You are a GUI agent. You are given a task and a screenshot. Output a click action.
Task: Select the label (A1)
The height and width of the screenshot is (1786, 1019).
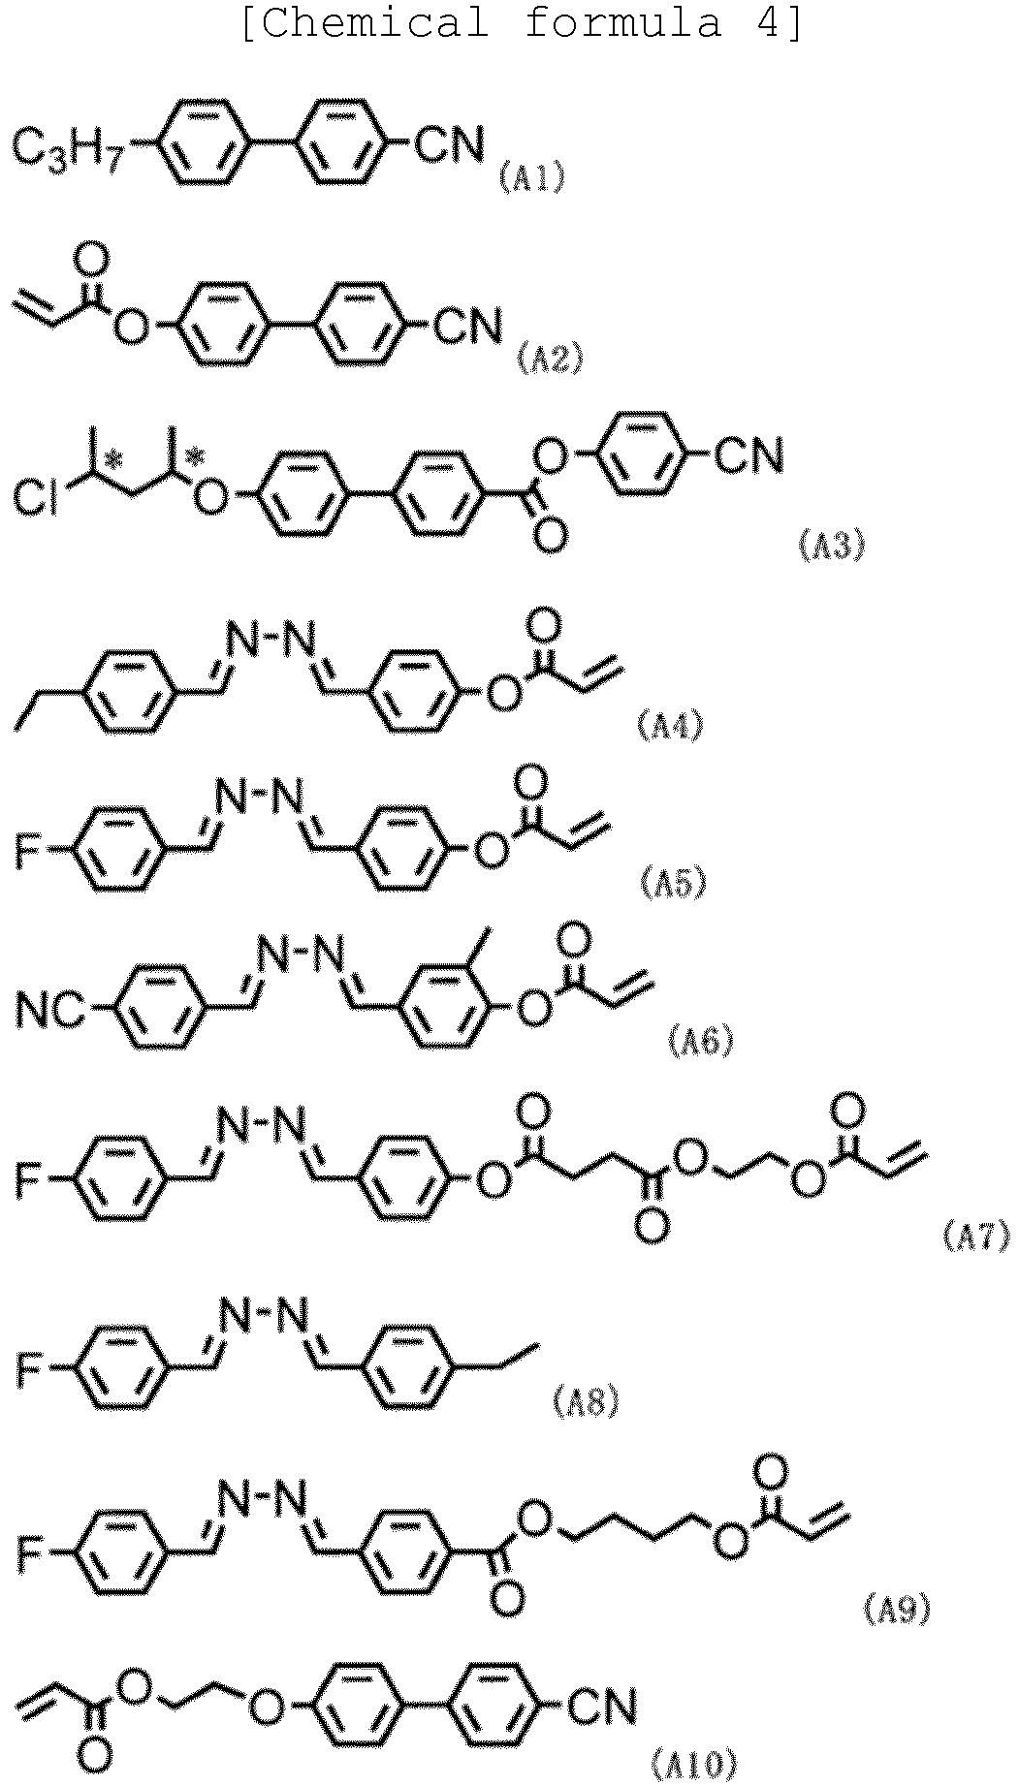click(531, 178)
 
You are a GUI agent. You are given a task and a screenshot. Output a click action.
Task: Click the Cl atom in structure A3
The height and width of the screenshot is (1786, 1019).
click(35, 498)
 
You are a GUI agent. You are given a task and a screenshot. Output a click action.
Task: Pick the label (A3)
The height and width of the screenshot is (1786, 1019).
click(830, 546)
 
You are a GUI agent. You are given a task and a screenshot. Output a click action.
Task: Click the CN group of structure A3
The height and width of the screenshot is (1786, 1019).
click(748, 455)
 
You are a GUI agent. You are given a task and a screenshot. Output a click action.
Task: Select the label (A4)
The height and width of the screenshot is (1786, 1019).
click(670, 726)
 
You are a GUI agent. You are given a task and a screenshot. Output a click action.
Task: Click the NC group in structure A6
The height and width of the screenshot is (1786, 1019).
click(53, 1014)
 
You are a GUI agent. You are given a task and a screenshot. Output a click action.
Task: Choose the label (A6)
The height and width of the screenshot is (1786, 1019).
click(701, 1042)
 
